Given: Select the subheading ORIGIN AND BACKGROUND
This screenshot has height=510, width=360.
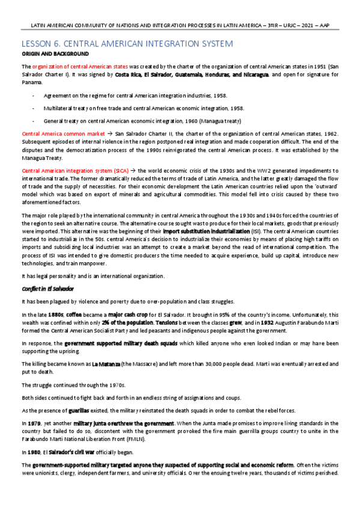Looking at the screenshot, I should [55, 54].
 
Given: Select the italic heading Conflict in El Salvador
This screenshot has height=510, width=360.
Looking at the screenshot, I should [47, 289].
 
